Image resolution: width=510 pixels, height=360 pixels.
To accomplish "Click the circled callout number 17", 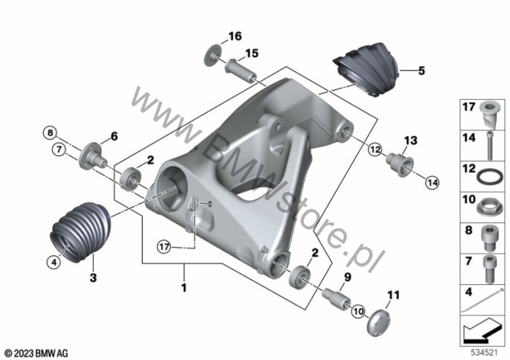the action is coord(164,247).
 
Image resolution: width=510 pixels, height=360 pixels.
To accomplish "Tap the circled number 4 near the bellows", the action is coord(54,261).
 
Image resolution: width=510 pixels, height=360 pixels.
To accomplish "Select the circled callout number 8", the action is coord(50,133).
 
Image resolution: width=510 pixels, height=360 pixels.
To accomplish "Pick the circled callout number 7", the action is coord(59,150).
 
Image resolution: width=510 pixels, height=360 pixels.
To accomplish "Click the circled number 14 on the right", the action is coord(432,183).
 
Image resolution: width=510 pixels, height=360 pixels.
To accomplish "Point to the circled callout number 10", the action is coord(358,312).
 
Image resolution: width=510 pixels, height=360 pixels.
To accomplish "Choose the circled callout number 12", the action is coord(375,150).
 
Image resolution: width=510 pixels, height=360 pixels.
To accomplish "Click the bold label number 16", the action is coord(235,36).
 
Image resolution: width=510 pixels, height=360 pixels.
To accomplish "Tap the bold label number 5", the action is coord(422,71).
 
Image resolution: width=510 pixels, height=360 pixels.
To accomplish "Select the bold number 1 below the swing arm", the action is coord(184,288).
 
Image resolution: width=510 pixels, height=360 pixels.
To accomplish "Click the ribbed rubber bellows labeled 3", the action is coord(80,232).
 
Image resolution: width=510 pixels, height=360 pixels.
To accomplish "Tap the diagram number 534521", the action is coord(485,353).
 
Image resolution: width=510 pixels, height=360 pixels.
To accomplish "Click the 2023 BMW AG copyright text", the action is coord(36,353).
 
